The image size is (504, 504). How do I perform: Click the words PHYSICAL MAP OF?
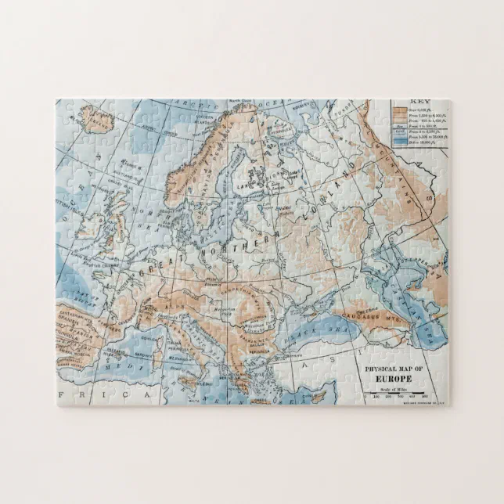click(x=394, y=368)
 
